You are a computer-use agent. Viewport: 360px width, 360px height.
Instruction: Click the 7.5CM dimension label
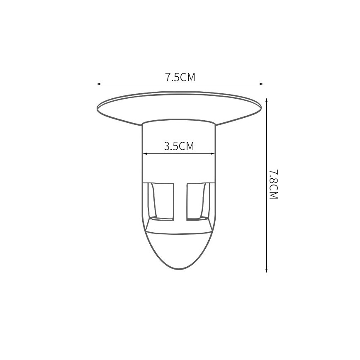(180, 77)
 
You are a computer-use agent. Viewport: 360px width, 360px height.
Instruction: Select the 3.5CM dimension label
(179, 146)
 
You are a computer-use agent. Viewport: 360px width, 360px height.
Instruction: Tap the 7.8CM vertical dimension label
(273, 185)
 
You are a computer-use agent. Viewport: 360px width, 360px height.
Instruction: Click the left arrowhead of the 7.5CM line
(99, 84)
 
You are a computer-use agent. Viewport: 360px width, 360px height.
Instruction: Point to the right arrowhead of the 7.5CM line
(261, 84)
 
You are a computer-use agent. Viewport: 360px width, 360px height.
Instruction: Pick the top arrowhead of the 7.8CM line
(266, 100)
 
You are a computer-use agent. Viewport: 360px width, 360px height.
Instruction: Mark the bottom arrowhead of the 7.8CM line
(266, 270)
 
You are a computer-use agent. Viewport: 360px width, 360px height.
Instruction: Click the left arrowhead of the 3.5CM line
(145, 154)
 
